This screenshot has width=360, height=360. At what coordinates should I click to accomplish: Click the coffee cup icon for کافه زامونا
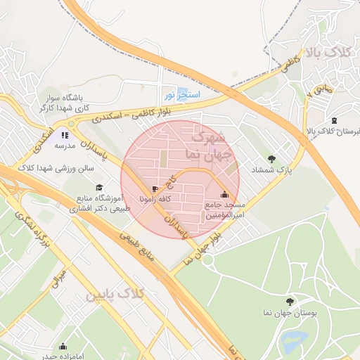point(155,189)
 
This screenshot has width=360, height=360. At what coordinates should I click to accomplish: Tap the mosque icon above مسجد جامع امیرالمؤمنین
point(224,195)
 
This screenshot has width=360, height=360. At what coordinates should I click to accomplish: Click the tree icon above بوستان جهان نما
point(291,300)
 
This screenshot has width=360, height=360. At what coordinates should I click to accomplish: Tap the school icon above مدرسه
point(65,135)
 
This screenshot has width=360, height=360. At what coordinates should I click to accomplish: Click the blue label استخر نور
point(183,94)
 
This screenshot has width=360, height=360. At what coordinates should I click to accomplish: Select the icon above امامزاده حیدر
point(63,346)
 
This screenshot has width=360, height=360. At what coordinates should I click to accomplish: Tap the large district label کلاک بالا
point(327,53)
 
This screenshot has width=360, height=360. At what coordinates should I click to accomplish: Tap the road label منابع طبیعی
point(141,247)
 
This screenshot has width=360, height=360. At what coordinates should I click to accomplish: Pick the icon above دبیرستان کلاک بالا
point(334,120)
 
